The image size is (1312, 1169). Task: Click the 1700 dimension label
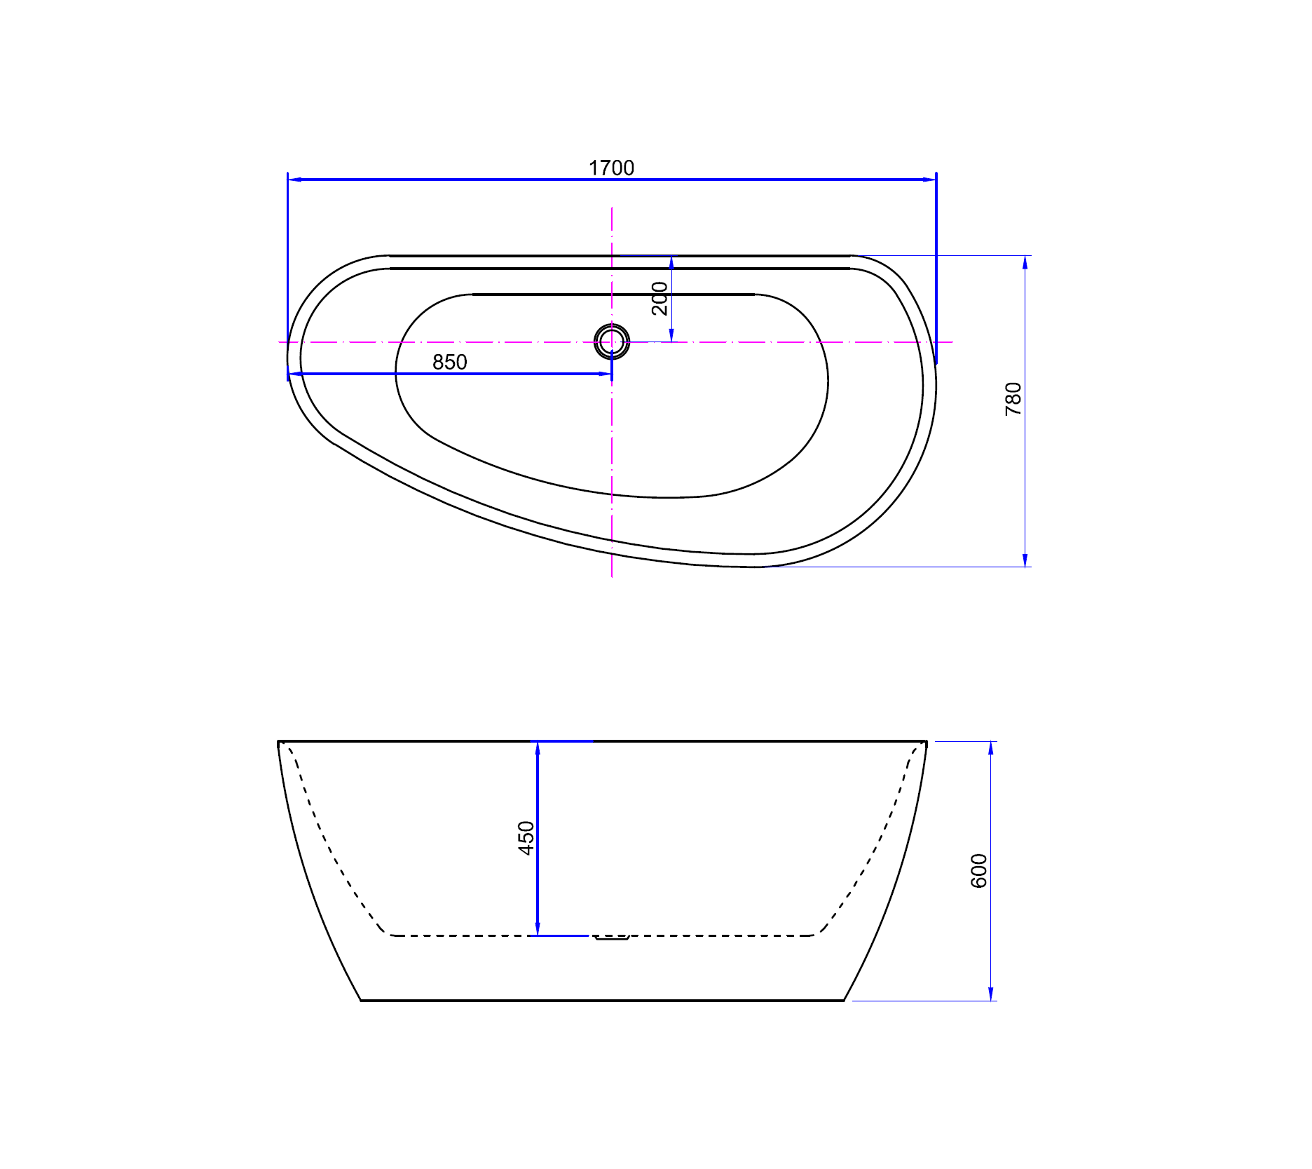pos(611,168)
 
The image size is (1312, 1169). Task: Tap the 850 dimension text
pos(449,362)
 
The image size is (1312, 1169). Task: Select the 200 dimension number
pos(660,299)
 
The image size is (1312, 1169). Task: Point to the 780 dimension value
pos(1013,399)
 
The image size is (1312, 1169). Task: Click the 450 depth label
pos(526,838)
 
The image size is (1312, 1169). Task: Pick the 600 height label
pos(978,871)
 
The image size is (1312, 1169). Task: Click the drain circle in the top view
pos(612,342)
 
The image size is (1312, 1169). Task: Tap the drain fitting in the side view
pos(612,937)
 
